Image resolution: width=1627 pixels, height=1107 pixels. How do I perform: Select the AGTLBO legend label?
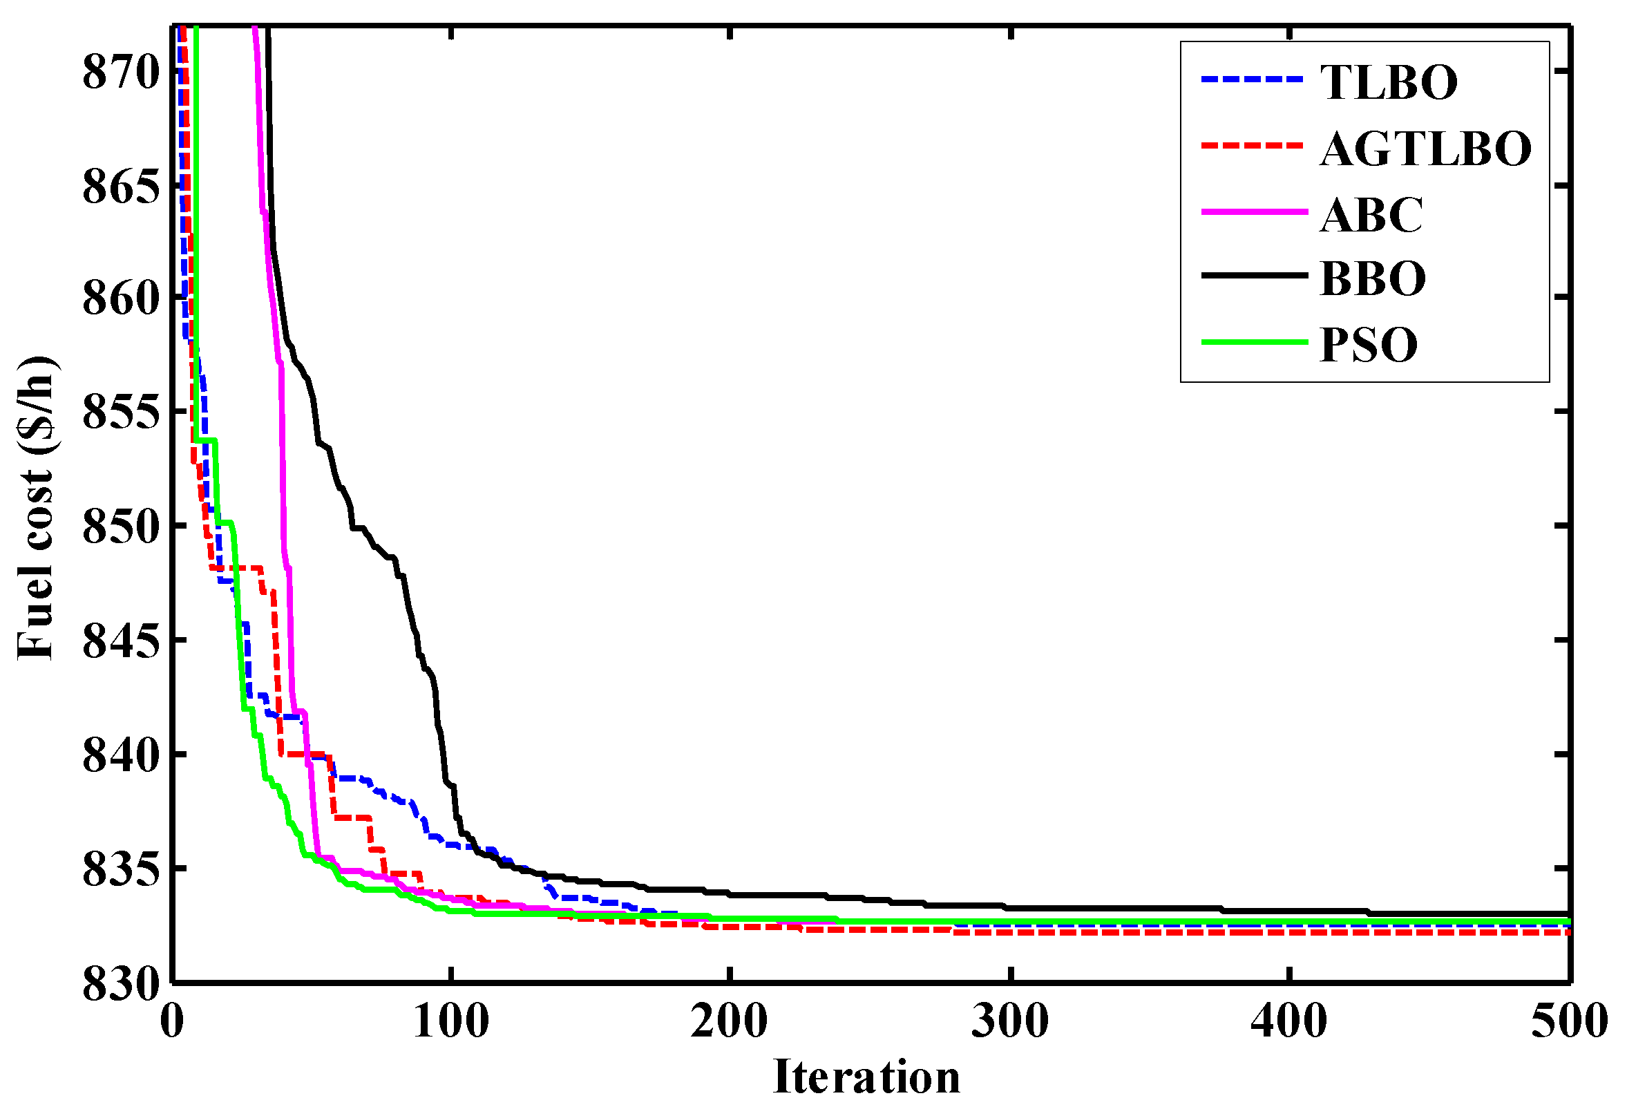tap(1426, 149)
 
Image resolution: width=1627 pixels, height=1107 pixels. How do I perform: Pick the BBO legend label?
tap(1373, 278)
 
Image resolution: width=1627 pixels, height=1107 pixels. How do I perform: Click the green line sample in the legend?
tap(1255, 342)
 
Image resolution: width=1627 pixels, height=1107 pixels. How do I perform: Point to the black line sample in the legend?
tap(1255, 276)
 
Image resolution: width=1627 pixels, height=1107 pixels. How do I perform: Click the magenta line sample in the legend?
tap(1255, 211)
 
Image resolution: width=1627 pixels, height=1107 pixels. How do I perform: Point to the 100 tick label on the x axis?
tap(451, 1021)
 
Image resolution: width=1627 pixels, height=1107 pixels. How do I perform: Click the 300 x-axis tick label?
tap(1010, 1021)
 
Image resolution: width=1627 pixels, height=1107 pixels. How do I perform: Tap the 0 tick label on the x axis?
tap(172, 1021)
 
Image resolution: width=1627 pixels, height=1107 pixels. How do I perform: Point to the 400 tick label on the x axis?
tap(1289, 1021)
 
